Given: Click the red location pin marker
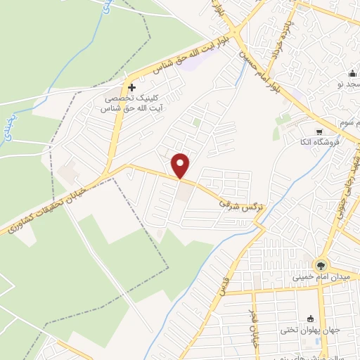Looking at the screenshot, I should pyautogui.click(x=181, y=165).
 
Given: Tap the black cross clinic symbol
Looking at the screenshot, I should pyautogui.click(x=131, y=86).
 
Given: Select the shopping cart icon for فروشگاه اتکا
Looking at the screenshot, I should pyautogui.click(x=319, y=131).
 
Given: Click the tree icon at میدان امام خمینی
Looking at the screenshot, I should pyautogui.click(x=321, y=264).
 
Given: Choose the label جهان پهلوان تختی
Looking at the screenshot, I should pyautogui.click(x=312, y=330).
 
